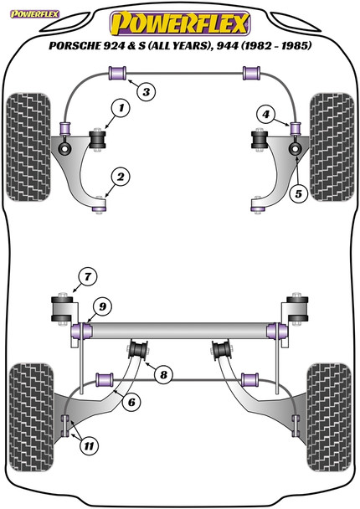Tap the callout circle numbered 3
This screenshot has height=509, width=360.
click(x=145, y=91)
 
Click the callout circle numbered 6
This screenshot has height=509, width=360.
click(x=131, y=403)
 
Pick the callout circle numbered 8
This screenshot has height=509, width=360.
click(x=164, y=373)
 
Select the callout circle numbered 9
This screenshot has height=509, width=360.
click(x=100, y=308)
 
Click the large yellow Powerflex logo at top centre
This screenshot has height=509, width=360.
click(x=179, y=20)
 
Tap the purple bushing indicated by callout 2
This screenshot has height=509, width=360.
click(x=100, y=200)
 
